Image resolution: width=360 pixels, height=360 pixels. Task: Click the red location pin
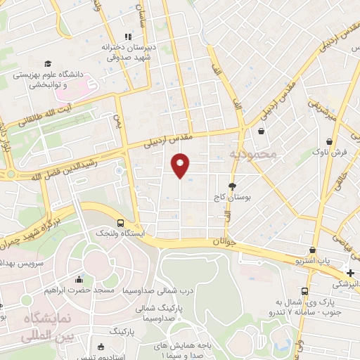(181, 165)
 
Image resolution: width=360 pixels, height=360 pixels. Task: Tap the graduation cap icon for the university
(47, 64)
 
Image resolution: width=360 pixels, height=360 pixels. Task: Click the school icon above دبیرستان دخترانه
(127, 37)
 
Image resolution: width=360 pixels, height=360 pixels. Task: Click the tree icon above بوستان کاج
(233, 186)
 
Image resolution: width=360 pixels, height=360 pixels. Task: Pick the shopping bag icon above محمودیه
(262, 131)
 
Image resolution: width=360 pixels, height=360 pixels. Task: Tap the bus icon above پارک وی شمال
(304, 291)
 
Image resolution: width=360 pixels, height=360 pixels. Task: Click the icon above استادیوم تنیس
(101, 347)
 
